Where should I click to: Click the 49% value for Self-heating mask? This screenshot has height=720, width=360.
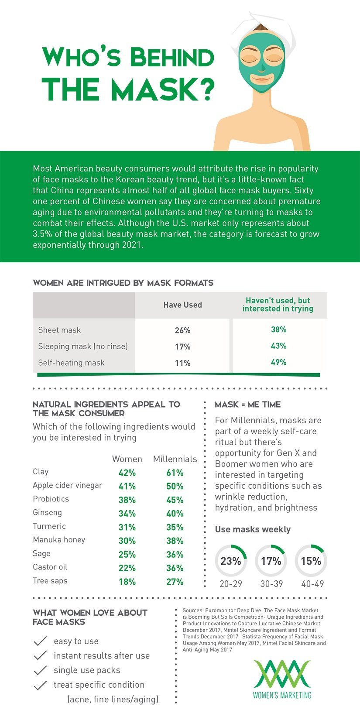278,362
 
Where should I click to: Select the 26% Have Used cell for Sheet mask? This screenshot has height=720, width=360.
182,330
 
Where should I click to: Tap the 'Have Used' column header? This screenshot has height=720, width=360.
182,305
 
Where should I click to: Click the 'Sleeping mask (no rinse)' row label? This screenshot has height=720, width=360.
83,346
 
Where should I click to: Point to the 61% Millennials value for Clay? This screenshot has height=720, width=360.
175,473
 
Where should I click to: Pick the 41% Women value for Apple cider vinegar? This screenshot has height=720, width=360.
127,486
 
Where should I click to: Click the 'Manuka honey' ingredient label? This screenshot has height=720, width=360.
59,540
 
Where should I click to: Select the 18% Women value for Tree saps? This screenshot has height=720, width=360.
127,582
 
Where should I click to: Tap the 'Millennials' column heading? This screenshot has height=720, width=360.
175,459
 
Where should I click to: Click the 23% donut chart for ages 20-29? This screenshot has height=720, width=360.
231,561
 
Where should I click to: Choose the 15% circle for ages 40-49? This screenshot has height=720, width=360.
311,561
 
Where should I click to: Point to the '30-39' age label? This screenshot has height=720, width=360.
271,584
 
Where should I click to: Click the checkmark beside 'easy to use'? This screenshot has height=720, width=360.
40,641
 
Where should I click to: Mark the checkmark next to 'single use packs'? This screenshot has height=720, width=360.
40,670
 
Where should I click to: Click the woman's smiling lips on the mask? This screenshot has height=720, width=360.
261,79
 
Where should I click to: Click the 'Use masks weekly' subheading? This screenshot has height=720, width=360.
253,529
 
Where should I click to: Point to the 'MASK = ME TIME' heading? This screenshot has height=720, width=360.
247,405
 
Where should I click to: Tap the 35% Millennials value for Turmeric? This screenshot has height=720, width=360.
175,527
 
